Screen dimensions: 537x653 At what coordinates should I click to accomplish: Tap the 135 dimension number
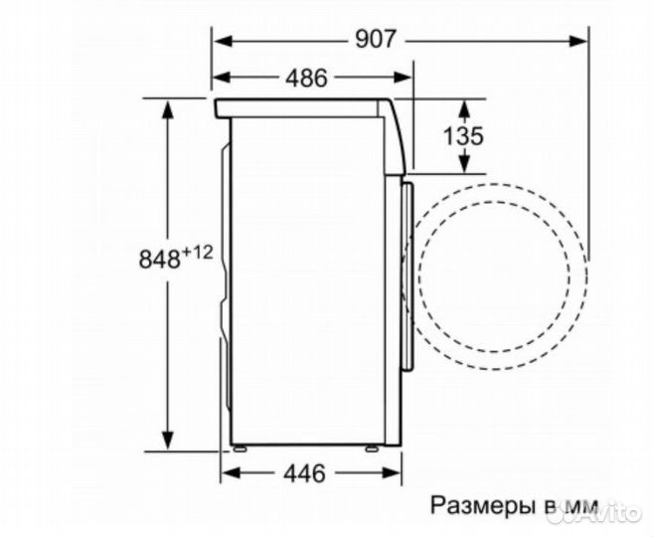[463, 135]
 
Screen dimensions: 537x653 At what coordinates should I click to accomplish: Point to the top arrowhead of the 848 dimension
[169, 105]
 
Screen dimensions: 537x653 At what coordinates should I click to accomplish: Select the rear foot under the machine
[239, 449]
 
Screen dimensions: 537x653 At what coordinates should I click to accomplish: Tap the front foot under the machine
[371, 449]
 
